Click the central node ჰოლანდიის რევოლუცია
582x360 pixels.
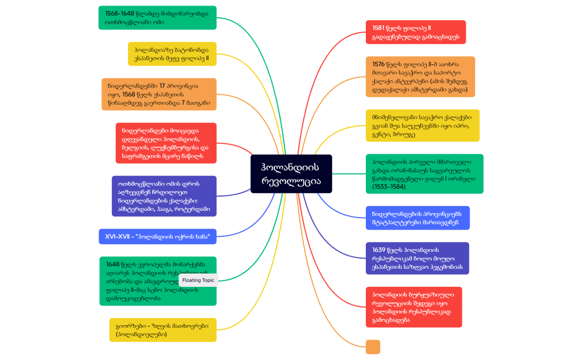pyautogui.click(x=291, y=173)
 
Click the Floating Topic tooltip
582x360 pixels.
pyautogui.click(x=198, y=280)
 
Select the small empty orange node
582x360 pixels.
pyautogui.click(x=373, y=347)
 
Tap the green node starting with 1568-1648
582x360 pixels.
pyautogui.click(x=157, y=18)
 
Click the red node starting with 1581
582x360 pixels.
pyautogui.click(x=416, y=32)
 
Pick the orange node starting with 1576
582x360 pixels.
pyautogui.click(x=420, y=76)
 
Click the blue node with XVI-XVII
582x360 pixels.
pyautogui.click(x=157, y=236)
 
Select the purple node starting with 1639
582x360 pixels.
pyautogui.click(x=417, y=258)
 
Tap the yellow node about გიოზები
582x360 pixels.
pyautogui.click(x=162, y=330)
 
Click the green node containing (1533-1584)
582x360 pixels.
pyautogui.click(x=424, y=173)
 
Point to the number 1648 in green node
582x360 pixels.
pyautogui.click(x=113, y=264)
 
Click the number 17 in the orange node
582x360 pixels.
pyautogui.click(x=162, y=86)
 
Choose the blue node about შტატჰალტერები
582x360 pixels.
pyautogui.click(x=417, y=218)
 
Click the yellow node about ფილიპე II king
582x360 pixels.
pyautogui.click(x=172, y=54)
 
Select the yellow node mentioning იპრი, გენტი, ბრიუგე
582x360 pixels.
pyautogui.click(x=422, y=125)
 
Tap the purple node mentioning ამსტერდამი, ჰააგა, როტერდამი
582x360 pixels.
pyautogui.click(x=164, y=196)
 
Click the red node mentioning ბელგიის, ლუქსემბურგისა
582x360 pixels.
pyautogui.click(x=166, y=143)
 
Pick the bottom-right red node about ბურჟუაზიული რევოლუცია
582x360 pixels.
pyautogui.click(x=413, y=307)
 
